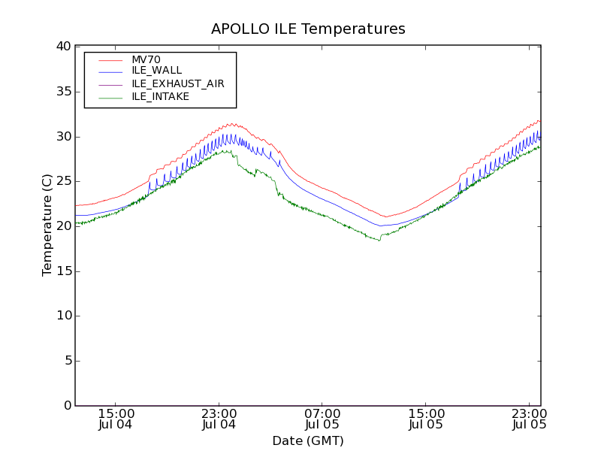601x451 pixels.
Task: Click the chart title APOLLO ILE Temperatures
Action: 308,29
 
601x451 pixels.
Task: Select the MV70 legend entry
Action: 146,59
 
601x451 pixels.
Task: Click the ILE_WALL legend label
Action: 156,71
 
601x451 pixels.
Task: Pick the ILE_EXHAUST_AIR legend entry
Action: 178,83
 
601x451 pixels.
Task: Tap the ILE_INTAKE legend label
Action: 160,96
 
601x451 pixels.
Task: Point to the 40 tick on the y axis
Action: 63,47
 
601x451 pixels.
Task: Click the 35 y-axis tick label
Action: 63,92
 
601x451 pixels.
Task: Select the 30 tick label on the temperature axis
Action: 63,137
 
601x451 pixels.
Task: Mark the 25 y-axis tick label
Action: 63,181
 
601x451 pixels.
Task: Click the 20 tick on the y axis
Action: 63,226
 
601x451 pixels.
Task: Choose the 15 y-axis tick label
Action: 63,271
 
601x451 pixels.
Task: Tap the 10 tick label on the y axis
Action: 63,316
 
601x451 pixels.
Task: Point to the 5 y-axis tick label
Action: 67,361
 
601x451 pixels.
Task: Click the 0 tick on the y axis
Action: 67,406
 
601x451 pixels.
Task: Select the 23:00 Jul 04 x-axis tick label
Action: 219,419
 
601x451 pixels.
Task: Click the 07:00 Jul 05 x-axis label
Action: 322,419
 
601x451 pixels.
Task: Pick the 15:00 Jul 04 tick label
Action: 116,419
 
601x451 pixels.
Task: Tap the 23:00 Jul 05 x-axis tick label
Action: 529,419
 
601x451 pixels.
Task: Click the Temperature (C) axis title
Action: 47,225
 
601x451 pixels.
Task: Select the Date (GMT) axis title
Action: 308,440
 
